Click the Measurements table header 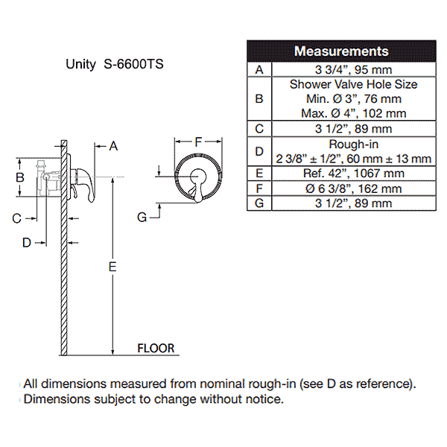341,51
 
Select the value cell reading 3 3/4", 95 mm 354,69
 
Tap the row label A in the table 259,69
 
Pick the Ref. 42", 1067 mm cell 354,173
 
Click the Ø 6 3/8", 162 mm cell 354,188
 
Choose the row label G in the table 259,203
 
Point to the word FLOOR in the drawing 156,348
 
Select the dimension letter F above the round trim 198,142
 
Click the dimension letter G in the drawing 142,216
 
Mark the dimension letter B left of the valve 21,177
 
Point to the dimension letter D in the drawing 26,241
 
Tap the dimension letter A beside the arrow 113,146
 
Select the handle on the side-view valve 88,186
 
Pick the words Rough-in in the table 354,144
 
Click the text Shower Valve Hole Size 354,84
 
